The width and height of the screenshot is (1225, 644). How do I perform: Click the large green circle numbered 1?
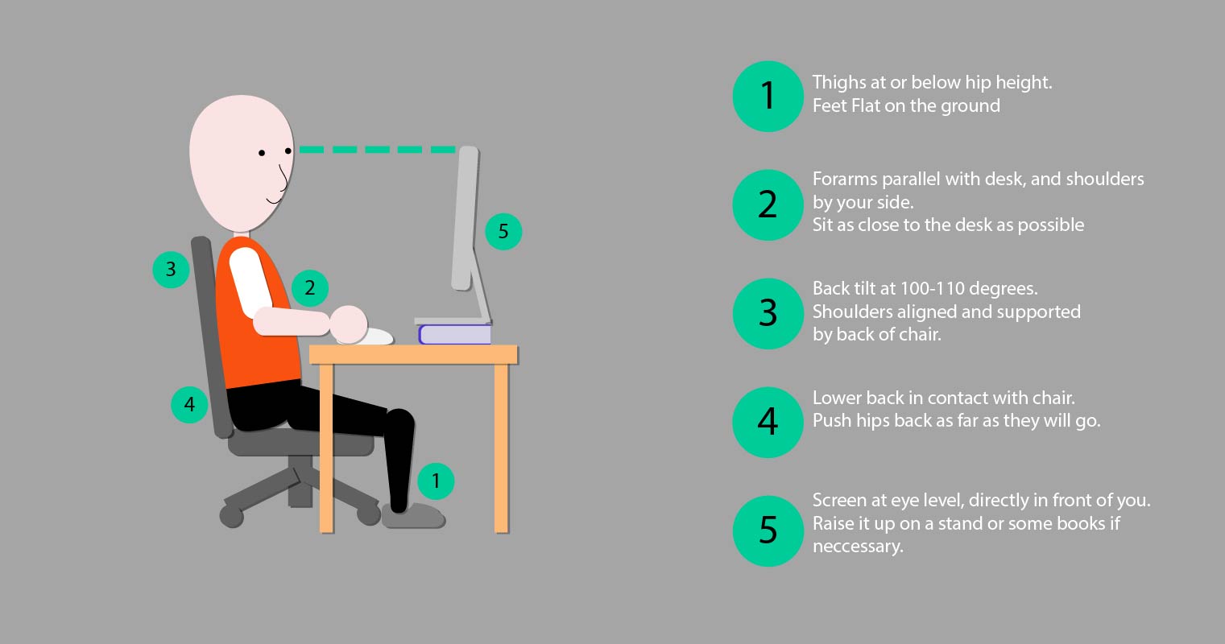point(768,96)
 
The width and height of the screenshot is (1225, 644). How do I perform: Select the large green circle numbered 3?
point(768,313)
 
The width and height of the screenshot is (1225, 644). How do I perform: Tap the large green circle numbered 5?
point(768,530)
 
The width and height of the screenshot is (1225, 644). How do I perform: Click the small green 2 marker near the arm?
point(310,287)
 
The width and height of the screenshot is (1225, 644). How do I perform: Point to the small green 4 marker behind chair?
point(189,403)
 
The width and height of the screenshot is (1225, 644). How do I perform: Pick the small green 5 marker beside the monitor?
point(503,232)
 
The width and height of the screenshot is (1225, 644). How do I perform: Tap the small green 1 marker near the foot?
point(436,481)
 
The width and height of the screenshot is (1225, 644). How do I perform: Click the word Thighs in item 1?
point(838,82)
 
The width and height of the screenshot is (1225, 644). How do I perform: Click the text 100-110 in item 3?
point(928,288)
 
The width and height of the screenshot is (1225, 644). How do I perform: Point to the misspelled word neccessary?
point(857,547)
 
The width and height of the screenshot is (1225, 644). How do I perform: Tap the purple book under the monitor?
point(454,334)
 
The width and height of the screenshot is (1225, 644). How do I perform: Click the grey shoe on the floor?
point(413,516)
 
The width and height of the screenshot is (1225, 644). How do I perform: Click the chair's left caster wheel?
point(232,516)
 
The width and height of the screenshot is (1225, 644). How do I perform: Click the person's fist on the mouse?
point(350,323)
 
